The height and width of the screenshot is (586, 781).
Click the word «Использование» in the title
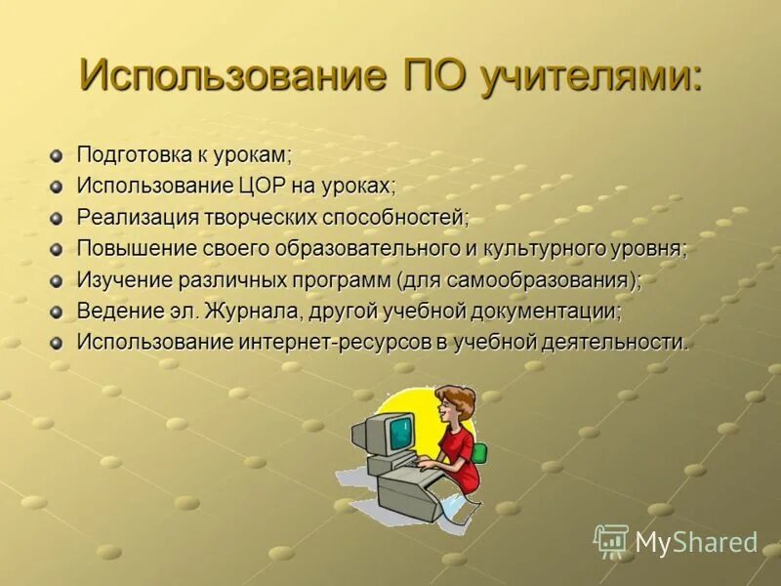(x=231, y=75)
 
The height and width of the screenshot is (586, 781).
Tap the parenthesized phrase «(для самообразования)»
(x=519, y=280)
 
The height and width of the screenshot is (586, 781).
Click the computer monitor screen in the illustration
(x=399, y=431)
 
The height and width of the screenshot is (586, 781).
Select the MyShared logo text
(x=696, y=543)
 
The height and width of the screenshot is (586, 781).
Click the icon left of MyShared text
(x=611, y=541)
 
